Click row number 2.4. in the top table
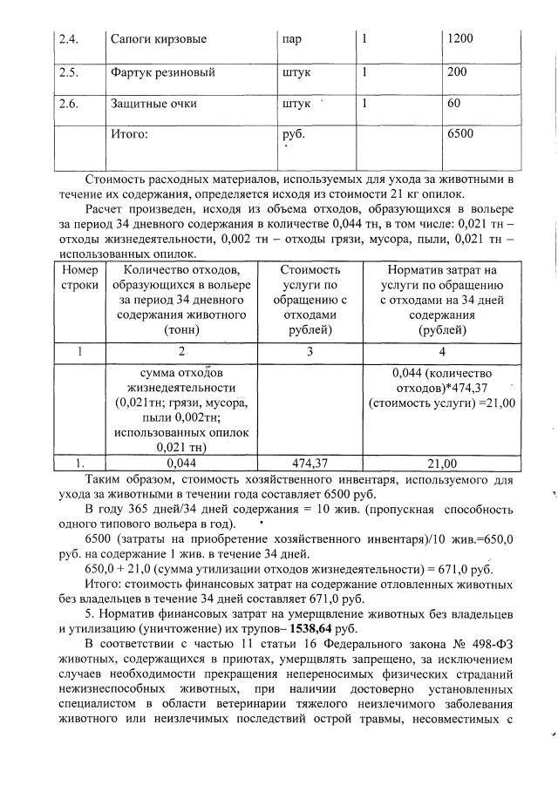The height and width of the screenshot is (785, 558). [68, 40]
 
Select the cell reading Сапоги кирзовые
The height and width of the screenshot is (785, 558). [159, 40]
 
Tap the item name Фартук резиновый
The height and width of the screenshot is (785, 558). [163, 72]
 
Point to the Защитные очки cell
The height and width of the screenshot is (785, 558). [153, 104]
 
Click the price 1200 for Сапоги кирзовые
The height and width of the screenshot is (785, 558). [459, 40]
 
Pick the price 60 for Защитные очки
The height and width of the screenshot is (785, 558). [453, 104]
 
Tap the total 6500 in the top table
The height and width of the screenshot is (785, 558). [459, 135]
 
